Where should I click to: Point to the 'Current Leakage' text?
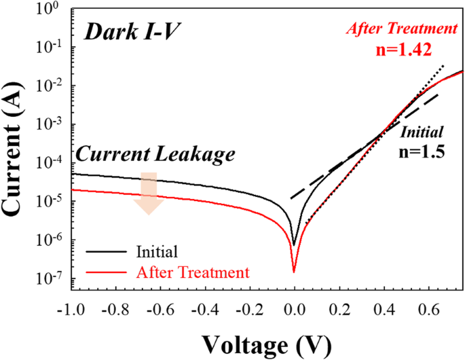(155, 154)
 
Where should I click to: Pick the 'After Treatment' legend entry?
(193, 272)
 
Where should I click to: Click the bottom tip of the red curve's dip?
(294, 272)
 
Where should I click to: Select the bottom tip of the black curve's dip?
(294, 245)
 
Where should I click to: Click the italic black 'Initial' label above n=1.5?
(422, 132)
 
